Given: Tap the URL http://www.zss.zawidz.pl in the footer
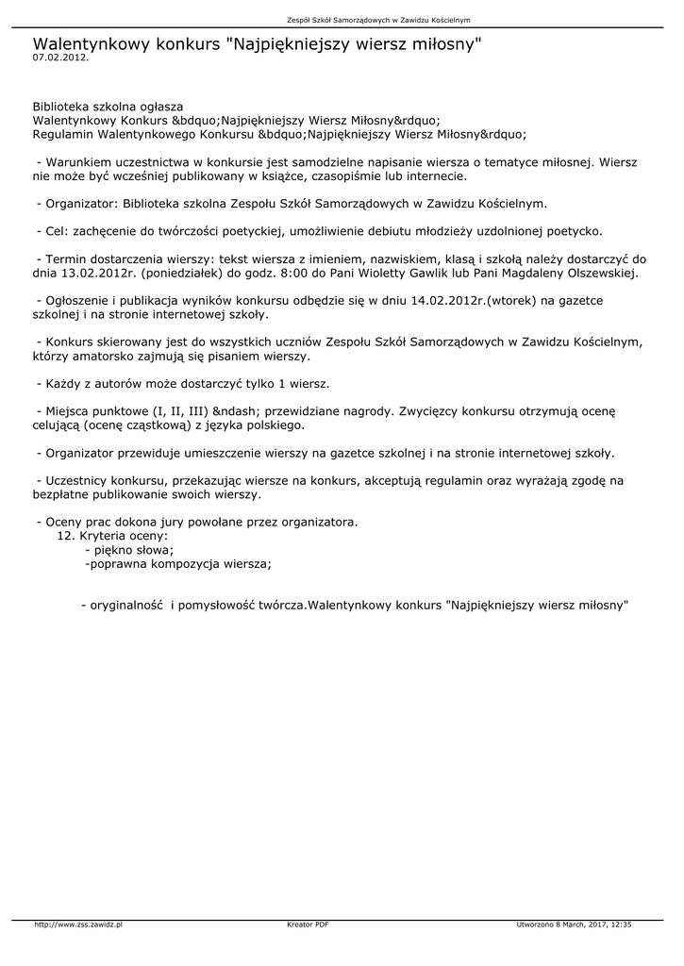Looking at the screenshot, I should [x=78, y=924].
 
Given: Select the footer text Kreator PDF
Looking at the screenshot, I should [x=308, y=924].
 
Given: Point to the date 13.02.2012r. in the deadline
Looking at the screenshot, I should [x=99, y=274].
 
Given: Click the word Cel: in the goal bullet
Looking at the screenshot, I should [x=58, y=231].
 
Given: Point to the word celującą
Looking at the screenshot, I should [x=62, y=425].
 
